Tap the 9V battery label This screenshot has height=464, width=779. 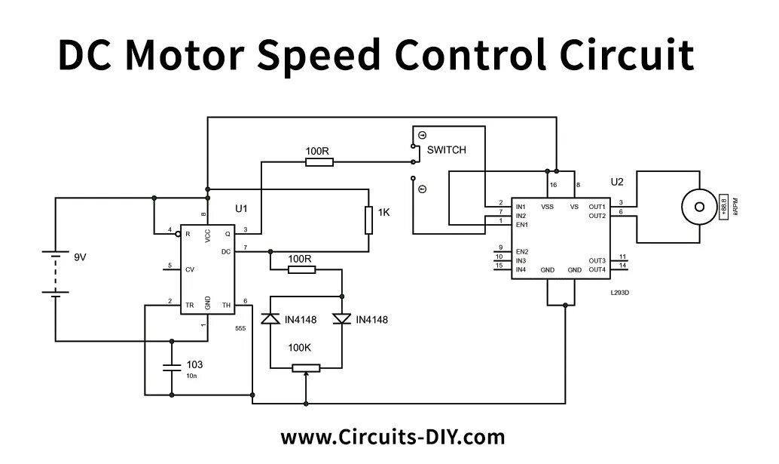click(x=80, y=257)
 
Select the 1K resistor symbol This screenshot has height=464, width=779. click(x=368, y=220)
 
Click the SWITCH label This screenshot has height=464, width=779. click(x=446, y=150)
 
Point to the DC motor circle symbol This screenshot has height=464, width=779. click(x=696, y=205)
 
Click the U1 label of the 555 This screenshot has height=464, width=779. click(x=241, y=207)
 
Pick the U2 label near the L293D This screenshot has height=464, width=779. click(x=617, y=182)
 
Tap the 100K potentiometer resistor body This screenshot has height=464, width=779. click(x=306, y=368)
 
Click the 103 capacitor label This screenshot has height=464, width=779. click(x=194, y=364)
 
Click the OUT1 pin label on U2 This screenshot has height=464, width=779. click(x=597, y=206)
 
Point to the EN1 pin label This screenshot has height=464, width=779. click(x=521, y=225)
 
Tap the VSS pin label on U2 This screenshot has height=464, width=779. click(x=547, y=206)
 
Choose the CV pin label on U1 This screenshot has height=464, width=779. click(x=190, y=268)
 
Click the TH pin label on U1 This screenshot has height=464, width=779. click(x=226, y=306)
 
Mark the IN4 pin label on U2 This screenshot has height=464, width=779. click(x=521, y=269)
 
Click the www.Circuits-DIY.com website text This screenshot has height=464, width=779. click(x=393, y=437)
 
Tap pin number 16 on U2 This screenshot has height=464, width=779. click(x=553, y=185)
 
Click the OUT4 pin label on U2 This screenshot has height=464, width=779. click(x=597, y=269)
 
